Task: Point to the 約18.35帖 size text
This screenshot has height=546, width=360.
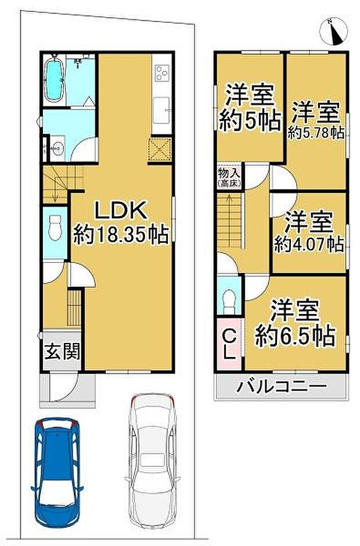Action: coord(121,234)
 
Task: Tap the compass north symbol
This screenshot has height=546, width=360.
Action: coord(333,32)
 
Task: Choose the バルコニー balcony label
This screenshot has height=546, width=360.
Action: coord(282,386)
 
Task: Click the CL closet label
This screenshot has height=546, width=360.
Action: coord(229,345)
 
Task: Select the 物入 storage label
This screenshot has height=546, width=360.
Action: coord(229,172)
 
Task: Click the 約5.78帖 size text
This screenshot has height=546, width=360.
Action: coord(316,133)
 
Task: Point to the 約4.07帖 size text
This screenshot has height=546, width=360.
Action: coord(309,244)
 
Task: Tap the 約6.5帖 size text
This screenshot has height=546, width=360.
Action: coord(295,336)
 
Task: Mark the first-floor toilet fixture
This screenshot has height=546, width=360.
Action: coord(55,227)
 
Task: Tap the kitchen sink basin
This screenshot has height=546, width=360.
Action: coord(161,110)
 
